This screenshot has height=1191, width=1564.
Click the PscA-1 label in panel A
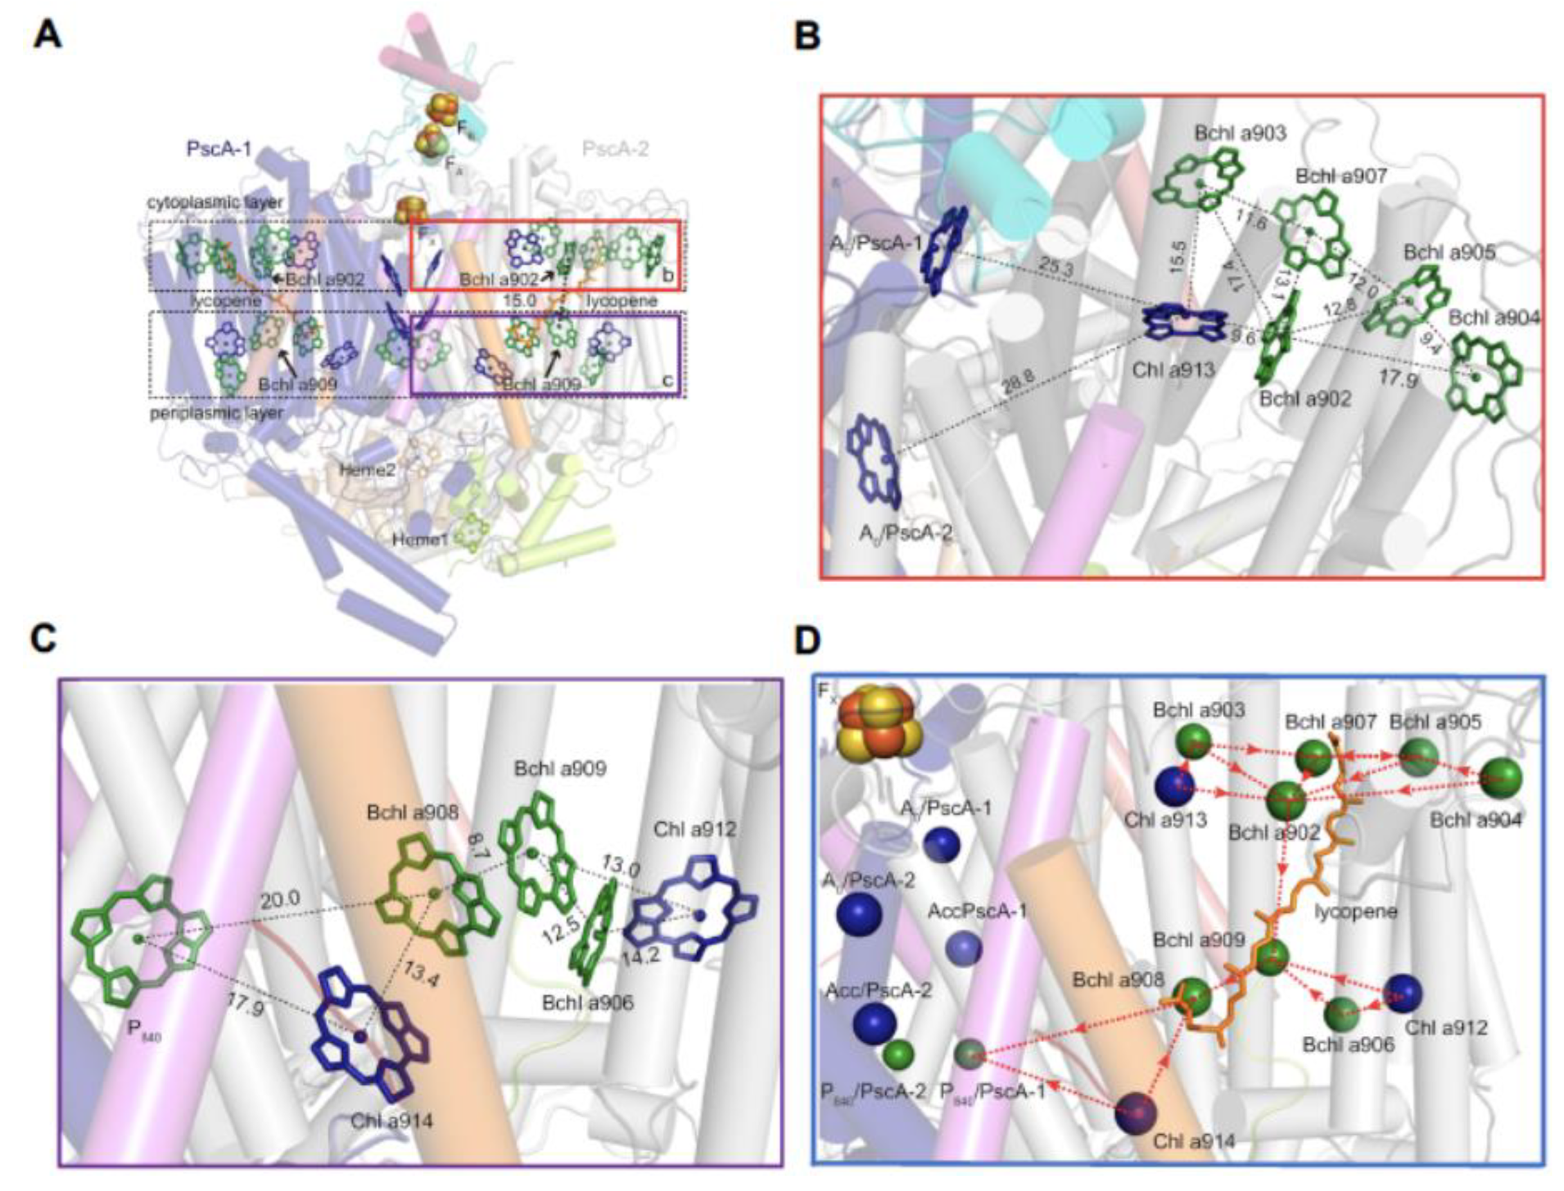coord(219,148)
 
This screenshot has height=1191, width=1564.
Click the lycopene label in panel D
coord(1355,911)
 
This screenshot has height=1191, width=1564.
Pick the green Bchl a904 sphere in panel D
coord(1501,778)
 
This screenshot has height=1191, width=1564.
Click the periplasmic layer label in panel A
coord(216,413)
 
